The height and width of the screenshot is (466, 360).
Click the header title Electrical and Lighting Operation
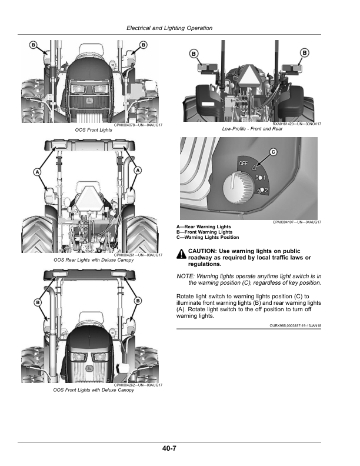point(169,28)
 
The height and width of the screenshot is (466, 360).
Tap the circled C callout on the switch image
point(273,152)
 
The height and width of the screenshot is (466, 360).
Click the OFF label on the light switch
point(243,163)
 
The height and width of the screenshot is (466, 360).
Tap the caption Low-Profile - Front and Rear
point(252,129)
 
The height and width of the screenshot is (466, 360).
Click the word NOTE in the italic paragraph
point(186,276)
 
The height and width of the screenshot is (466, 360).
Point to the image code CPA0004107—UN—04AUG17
point(296,222)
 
